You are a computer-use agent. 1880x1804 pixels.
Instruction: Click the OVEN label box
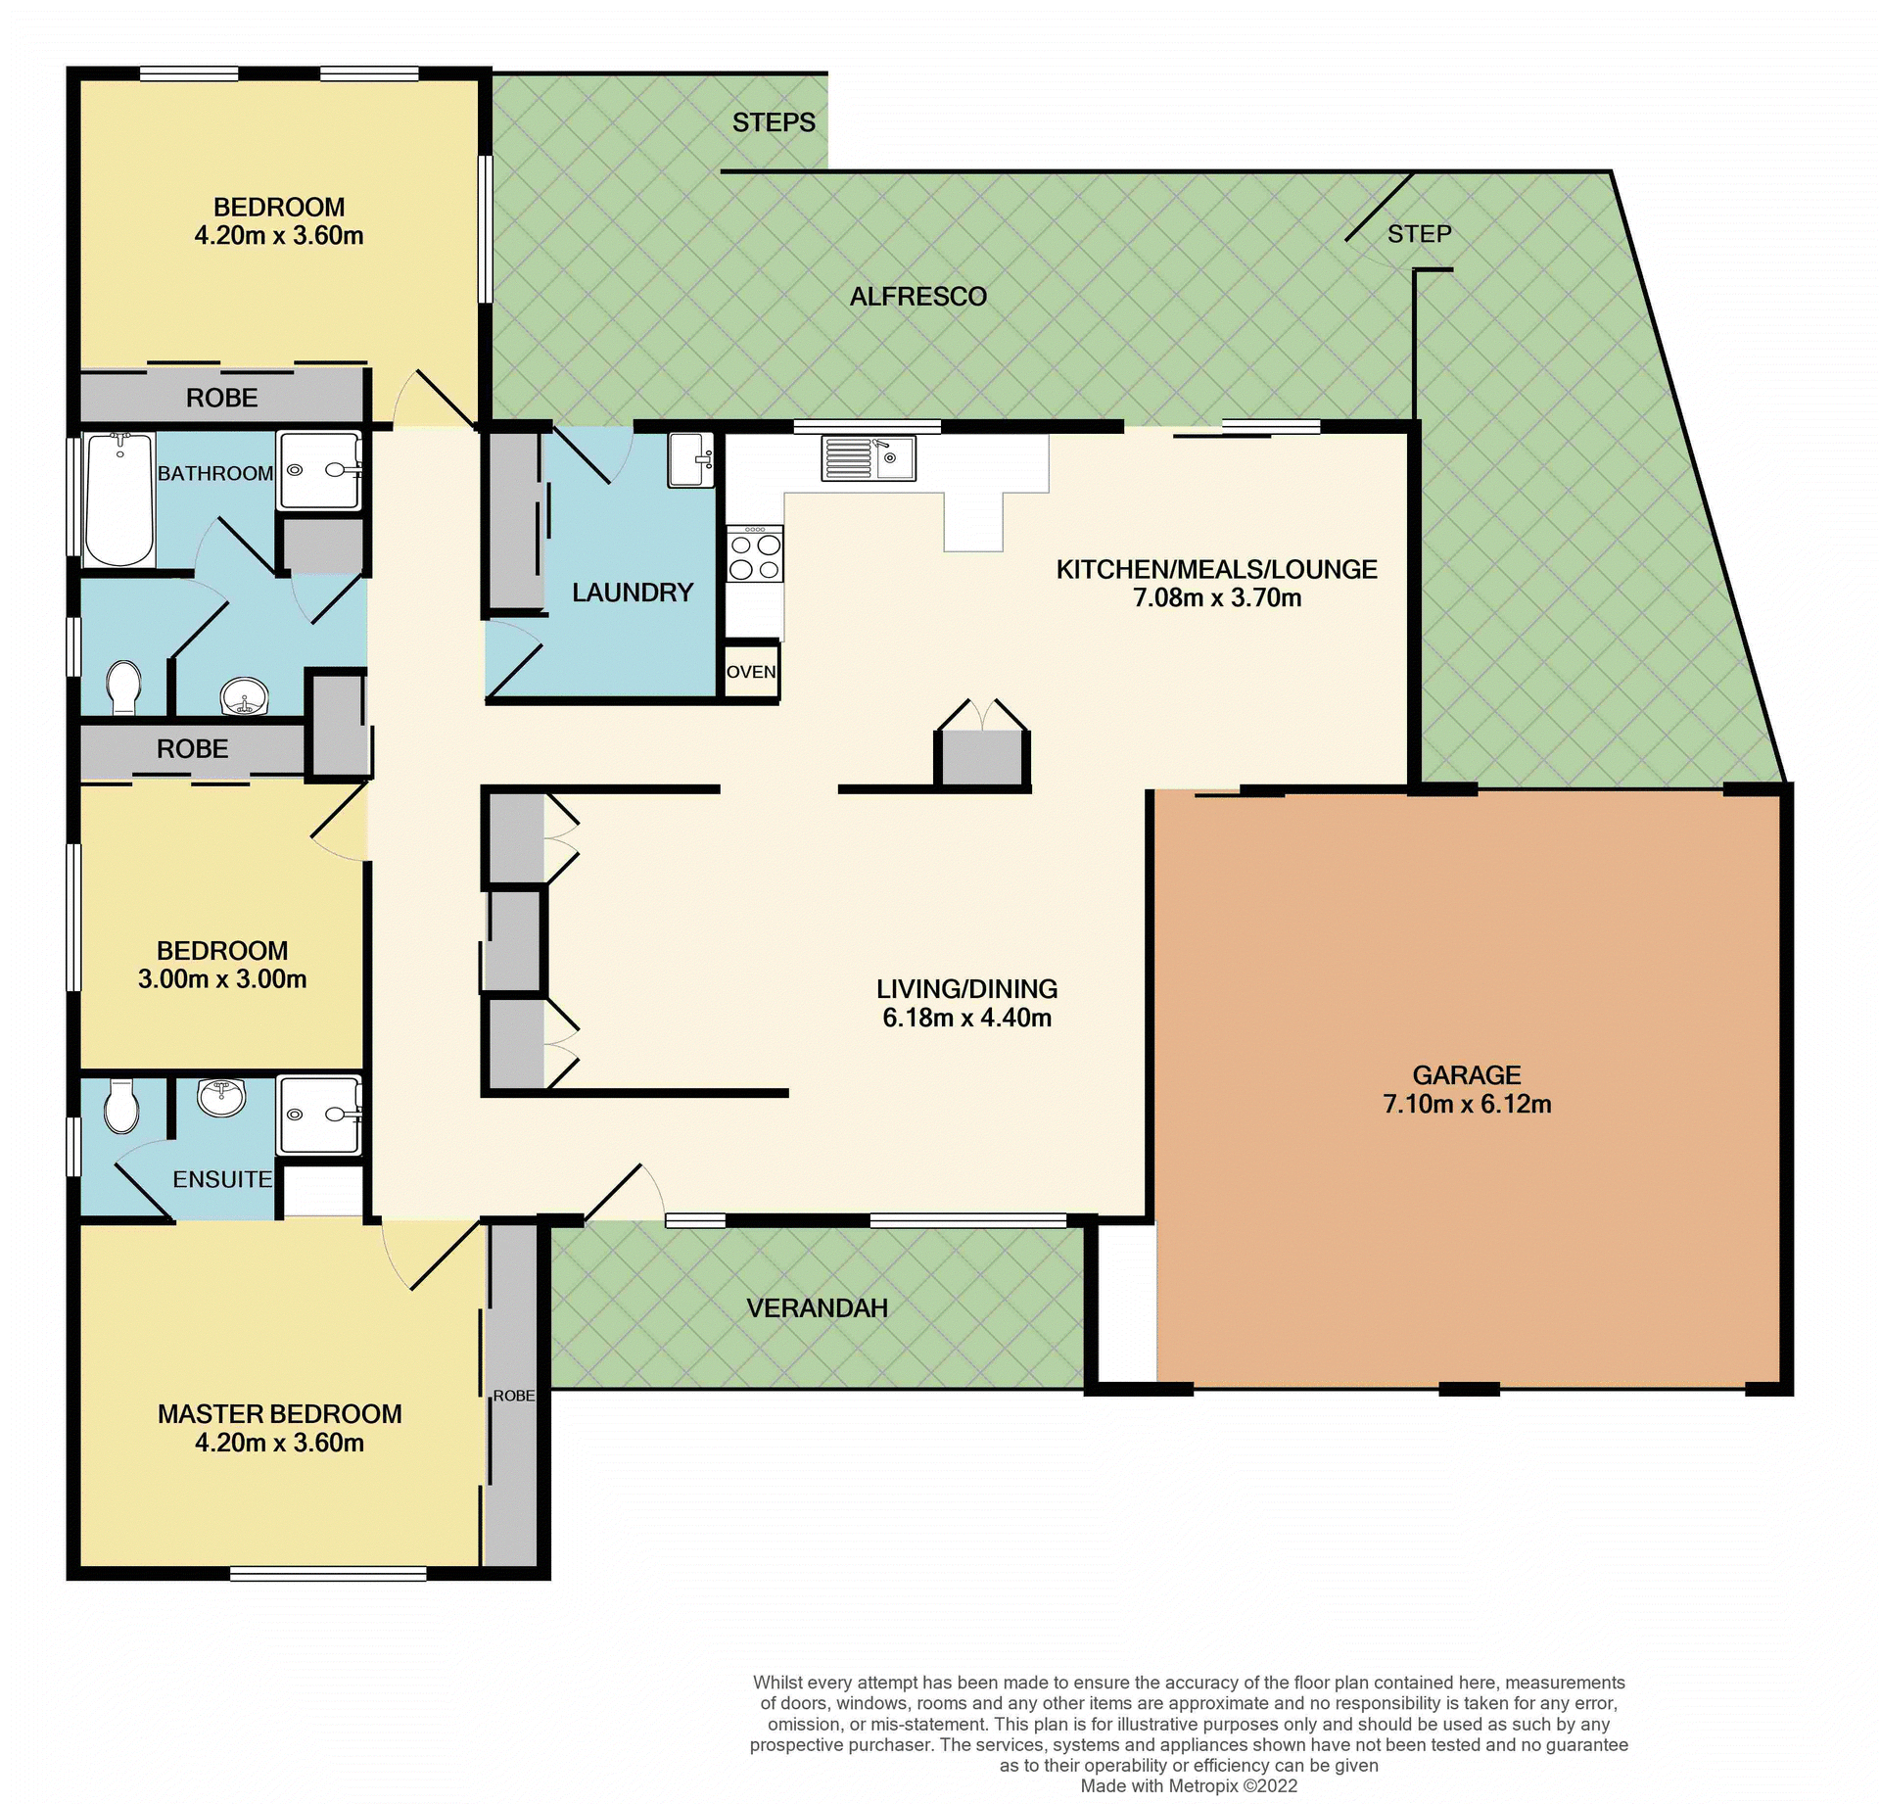pyautogui.click(x=751, y=672)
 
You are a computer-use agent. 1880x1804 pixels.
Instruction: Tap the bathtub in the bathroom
pyautogui.click(x=119, y=499)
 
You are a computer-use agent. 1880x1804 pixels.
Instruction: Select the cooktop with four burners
pyautogui.click(x=755, y=555)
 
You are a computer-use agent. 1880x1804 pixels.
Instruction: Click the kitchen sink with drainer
pyautogui.click(x=868, y=457)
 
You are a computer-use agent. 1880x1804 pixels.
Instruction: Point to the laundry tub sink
pyautogui.click(x=691, y=459)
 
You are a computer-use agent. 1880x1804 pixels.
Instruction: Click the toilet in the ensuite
pyautogui.click(x=121, y=1107)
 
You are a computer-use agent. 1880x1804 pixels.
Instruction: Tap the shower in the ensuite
pyautogui.click(x=319, y=1115)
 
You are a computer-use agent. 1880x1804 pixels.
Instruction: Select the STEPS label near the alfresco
pyautogui.click(x=774, y=122)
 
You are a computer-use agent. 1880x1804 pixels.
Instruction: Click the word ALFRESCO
pyautogui.click(x=917, y=297)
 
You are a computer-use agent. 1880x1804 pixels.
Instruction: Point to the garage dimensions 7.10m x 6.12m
pyautogui.click(x=1466, y=1105)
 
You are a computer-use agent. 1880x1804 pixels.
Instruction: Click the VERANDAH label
pyautogui.click(x=817, y=1308)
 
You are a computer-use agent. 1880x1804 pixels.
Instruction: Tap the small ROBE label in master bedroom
pyautogui.click(x=513, y=1396)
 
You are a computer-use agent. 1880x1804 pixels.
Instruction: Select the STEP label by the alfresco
pyautogui.click(x=1419, y=234)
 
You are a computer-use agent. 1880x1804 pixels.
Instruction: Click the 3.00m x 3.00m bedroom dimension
pyautogui.click(x=222, y=979)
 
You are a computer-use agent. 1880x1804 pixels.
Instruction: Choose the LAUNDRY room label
pyautogui.click(x=633, y=593)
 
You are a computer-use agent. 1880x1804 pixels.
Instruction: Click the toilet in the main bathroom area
pyautogui.click(x=123, y=687)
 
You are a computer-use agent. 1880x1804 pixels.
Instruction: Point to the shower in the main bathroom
pyautogui.click(x=319, y=470)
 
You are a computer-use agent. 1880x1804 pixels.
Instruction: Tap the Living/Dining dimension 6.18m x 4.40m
pyautogui.click(x=966, y=1018)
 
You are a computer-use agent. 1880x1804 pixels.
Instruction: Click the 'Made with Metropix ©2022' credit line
pyautogui.click(x=1189, y=1785)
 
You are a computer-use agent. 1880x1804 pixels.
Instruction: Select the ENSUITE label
pyautogui.click(x=222, y=1179)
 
